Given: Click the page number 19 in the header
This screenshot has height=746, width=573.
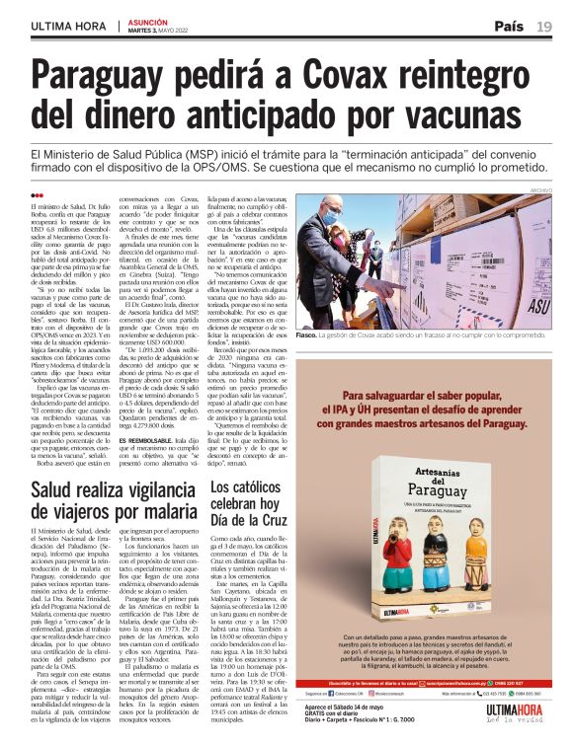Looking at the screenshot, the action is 544,27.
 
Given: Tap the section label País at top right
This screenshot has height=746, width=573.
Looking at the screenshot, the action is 509,27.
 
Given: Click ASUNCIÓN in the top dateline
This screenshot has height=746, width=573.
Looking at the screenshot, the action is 147,21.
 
